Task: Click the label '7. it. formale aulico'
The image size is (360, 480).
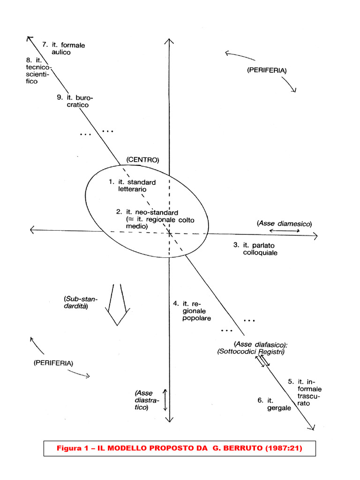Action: (x=64, y=49)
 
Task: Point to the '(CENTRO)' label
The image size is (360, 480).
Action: (x=143, y=160)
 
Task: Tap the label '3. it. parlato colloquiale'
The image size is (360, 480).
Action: (x=255, y=249)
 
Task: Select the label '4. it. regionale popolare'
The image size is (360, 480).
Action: (x=192, y=311)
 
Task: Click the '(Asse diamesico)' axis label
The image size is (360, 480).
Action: (x=284, y=224)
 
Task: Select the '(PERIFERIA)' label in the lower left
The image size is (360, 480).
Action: (x=53, y=363)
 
